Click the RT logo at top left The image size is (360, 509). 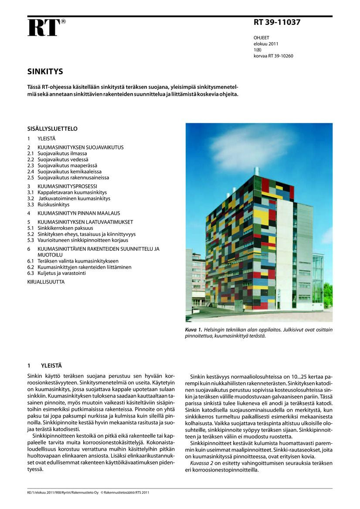(44, 27)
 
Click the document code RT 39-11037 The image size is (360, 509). (277, 23)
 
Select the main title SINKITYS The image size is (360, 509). (45, 71)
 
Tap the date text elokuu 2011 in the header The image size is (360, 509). (266, 44)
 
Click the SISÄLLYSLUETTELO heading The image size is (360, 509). (52, 129)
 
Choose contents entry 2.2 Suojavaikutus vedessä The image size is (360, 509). (68, 160)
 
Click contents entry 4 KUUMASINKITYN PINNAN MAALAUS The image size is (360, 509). (78, 213)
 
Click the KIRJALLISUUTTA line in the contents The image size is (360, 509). (46, 282)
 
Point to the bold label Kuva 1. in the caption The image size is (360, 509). (194, 330)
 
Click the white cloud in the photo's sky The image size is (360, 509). (253, 146)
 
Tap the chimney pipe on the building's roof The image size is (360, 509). (257, 171)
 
